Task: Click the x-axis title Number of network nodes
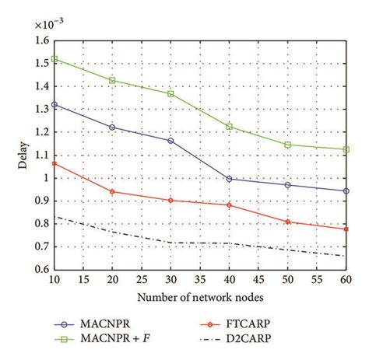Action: (x=200, y=296)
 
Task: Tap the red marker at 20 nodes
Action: (x=113, y=191)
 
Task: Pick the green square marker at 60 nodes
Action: (x=346, y=149)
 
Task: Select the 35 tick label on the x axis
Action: (x=200, y=279)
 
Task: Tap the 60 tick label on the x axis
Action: (x=345, y=279)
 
